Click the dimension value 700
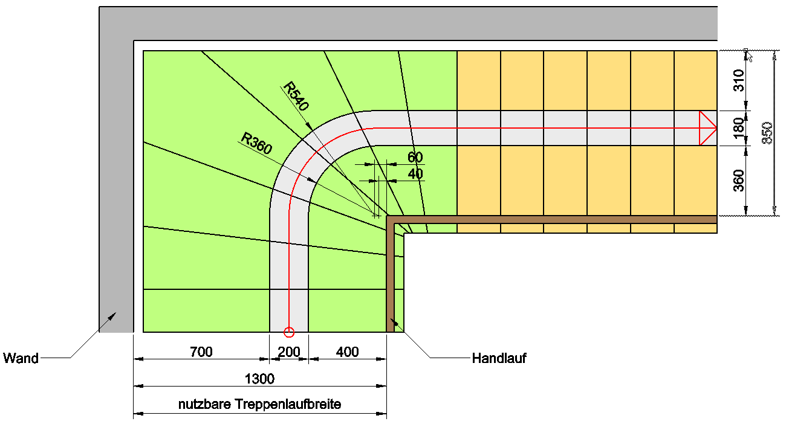(x=201, y=352)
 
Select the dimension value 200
(x=288, y=352)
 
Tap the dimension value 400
(x=347, y=352)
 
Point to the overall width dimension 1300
(x=259, y=379)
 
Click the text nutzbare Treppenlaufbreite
(x=259, y=404)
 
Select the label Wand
(x=21, y=358)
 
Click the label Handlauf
(x=499, y=358)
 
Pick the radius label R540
(x=296, y=97)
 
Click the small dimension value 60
(x=415, y=158)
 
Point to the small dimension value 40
(x=415, y=174)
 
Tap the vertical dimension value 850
(x=767, y=133)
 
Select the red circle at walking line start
(x=288, y=332)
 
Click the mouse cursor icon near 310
(x=749, y=56)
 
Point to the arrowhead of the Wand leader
(x=113, y=314)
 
